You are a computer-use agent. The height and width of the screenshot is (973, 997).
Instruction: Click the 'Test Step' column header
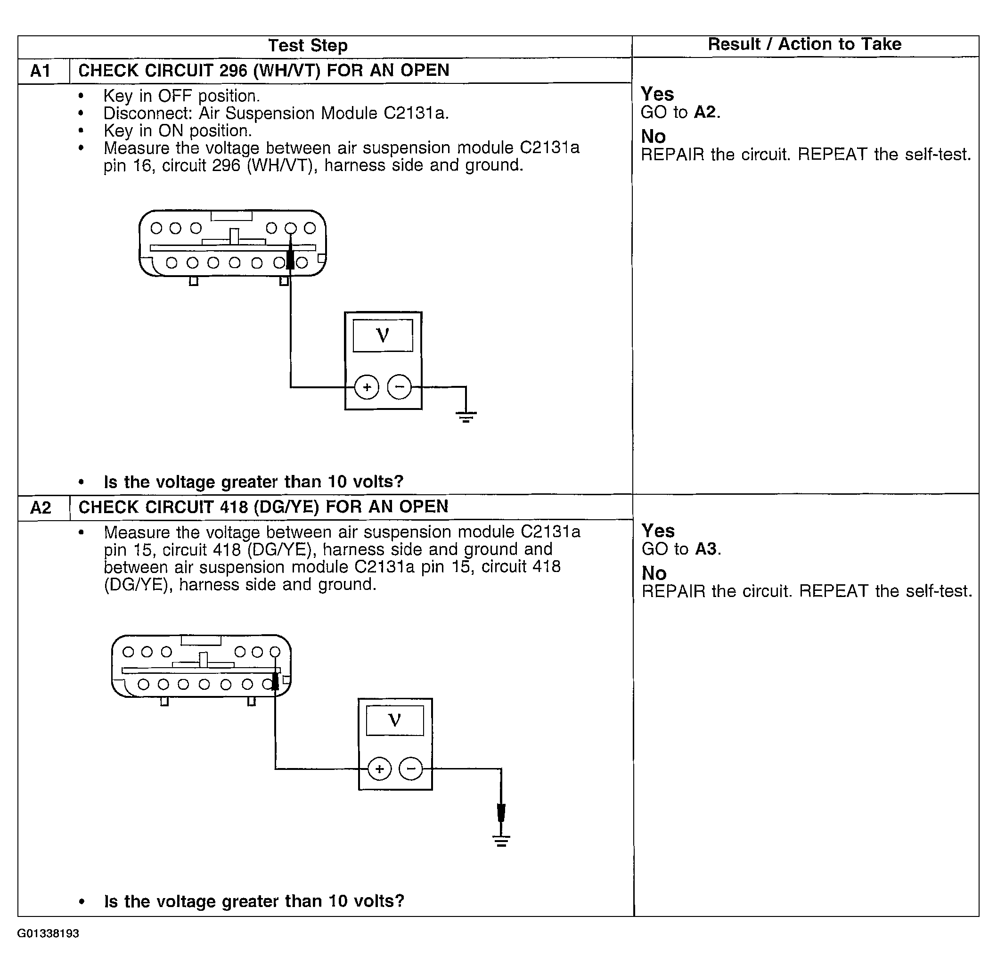(x=308, y=46)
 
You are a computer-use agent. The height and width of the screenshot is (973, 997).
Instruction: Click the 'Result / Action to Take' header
(x=804, y=44)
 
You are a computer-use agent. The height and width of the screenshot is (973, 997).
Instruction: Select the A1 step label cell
(x=41, y=71)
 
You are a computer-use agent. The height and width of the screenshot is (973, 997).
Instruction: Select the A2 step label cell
(x=41, y=507)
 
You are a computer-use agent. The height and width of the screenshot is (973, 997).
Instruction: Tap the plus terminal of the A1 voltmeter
(x=367, y=387)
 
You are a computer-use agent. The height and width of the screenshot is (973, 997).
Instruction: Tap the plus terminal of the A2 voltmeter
(x=379, y=769)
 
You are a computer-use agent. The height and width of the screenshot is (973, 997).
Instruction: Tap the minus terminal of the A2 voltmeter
(x=411, y=769)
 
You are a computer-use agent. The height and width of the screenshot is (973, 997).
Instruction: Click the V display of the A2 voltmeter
(x=394, y=720)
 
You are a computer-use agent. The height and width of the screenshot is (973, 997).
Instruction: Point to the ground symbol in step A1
(x=466, y=417)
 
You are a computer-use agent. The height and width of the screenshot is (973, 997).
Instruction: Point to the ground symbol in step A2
(x=501, y=841)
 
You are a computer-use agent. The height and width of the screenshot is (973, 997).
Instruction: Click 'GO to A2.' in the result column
(x=680, y=113)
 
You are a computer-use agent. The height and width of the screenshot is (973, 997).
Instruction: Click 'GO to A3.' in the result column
(x=681, y=549)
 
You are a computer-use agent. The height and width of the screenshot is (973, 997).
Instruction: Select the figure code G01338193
(x=48, y=933)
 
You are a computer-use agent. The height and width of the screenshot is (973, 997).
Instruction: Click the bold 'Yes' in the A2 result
(x=658, y=531)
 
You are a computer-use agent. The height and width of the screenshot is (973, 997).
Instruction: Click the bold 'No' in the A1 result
(x=654, y=137)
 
